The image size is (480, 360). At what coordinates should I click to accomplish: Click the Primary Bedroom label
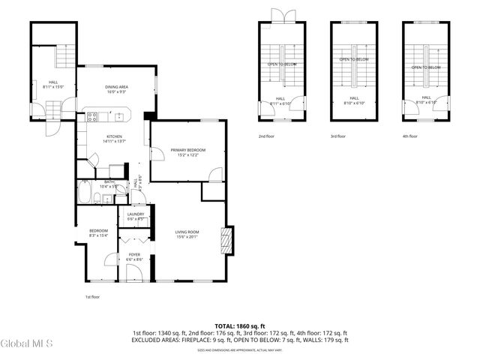tap(187, 152)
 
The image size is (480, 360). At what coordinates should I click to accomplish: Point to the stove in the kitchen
tap(92, 116)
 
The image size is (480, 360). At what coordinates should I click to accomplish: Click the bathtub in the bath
tap(84, 197)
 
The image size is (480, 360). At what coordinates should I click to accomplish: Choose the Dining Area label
tap(116, 88)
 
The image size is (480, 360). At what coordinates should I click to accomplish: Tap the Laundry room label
tap(136, 216)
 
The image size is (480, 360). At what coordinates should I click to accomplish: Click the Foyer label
tap(134, 256)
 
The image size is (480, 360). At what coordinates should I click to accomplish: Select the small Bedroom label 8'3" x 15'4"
tap(99, 232)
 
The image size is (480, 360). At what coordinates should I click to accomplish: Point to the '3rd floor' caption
tap(337, 136)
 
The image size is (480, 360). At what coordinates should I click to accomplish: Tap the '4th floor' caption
tap(409, 136)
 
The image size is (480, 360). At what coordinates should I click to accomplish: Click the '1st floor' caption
tap(91, 297)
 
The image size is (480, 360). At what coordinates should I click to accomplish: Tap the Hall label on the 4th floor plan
tap(426, 99)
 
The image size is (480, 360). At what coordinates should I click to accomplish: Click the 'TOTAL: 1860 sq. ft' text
tap(239, 326)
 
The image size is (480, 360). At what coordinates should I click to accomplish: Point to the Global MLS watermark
tap(27, 344)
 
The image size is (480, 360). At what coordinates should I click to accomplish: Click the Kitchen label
tap(114, 138)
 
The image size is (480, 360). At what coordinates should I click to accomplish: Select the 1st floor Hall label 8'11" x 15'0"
tap(53, 84)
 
